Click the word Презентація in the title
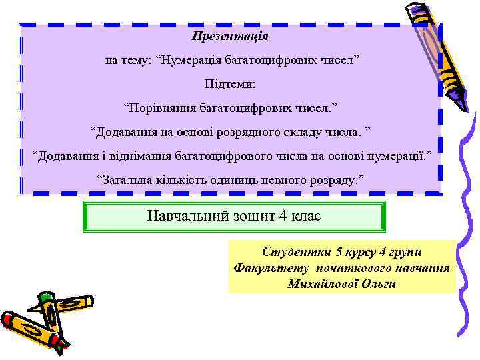[230, 36]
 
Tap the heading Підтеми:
[230, 85]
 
